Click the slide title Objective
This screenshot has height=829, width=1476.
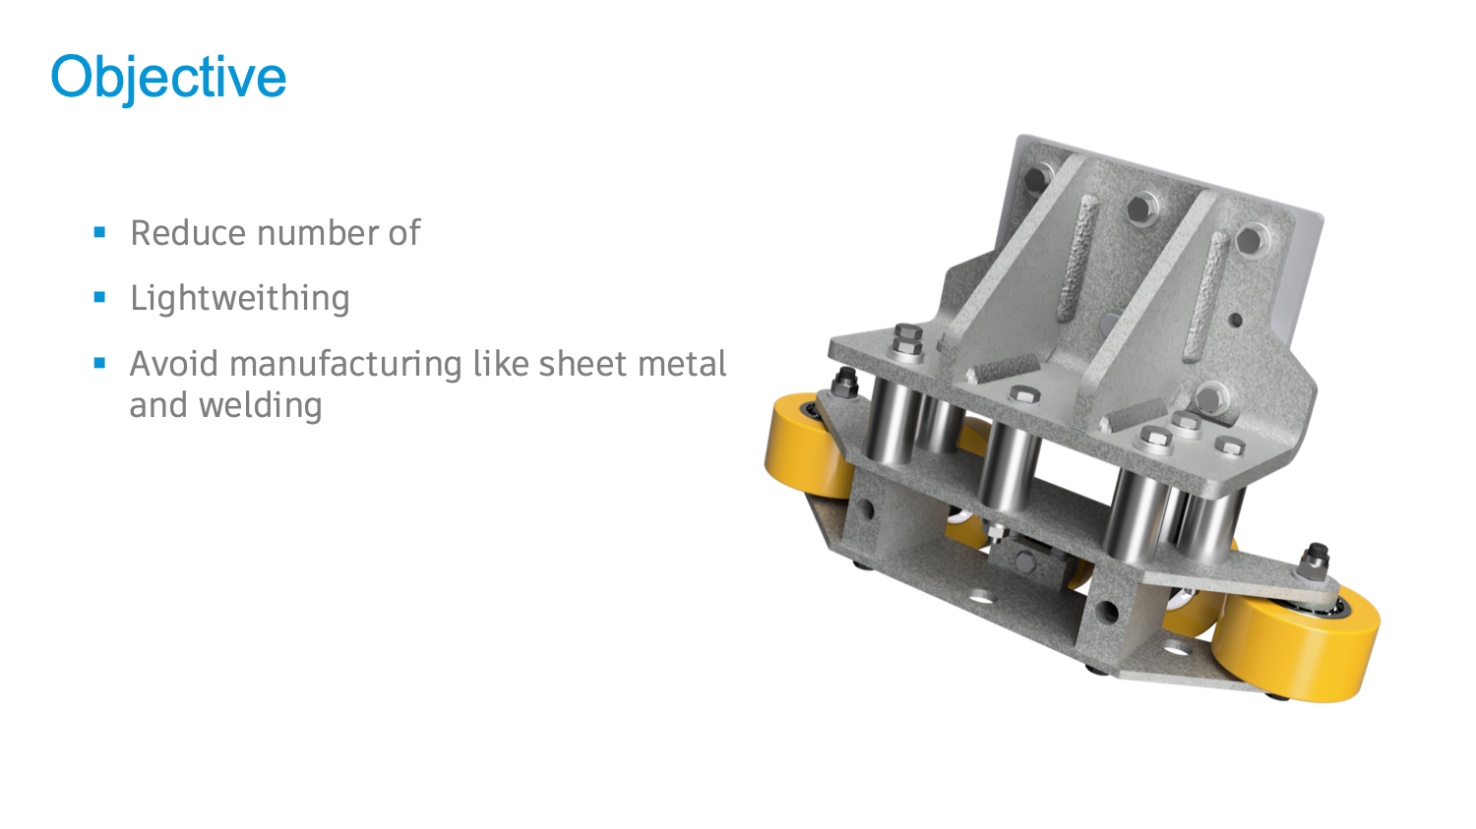click(x=168, y=77)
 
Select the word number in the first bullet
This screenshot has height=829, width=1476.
click(x=316, y=233)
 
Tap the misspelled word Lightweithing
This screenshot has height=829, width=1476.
click(x=239, y=298)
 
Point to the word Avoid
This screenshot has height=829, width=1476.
click(x=174, y=364)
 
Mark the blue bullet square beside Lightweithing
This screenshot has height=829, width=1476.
click(x=99, y=297)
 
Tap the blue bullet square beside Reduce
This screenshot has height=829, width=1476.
click(x=99, y=232)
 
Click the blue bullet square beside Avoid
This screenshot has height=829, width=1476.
click(x=99, y=363)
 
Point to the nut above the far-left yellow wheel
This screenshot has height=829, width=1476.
click(x=843, y=382)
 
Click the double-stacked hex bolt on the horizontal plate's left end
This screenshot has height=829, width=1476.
click(x=907, y=341)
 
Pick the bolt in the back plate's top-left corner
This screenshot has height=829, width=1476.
click(x=1036, y=179)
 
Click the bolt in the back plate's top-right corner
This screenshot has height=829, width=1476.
click(x=1251, y=239)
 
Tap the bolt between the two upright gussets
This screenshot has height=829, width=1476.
click(x=1141, y=207)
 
